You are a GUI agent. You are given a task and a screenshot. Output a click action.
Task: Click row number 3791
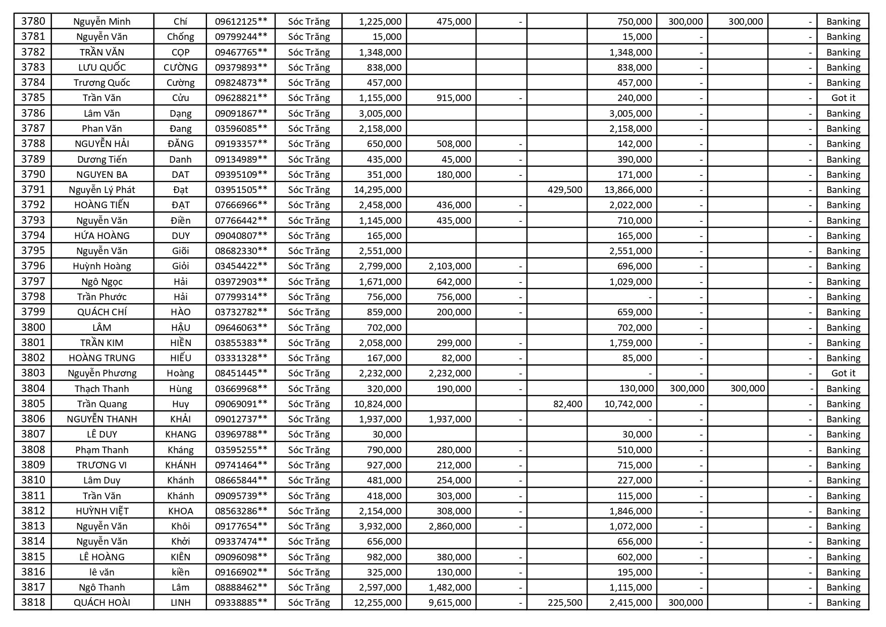tap(33, 189)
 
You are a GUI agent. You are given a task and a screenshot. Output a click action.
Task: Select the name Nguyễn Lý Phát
tap(102, 190)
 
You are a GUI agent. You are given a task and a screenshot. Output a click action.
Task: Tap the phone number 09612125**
tap(241, 21)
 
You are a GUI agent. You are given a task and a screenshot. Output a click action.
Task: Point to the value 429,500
tap(565, 190)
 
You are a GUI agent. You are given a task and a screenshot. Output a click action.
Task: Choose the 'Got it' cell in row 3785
tap(843, 98)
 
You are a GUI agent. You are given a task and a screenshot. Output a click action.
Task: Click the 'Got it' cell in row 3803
tap(843, 373)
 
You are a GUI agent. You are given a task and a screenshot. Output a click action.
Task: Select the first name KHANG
tap(180, 435)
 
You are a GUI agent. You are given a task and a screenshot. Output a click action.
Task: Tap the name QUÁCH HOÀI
tap(102, 603)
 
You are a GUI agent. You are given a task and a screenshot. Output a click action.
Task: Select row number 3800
tap(33, 327)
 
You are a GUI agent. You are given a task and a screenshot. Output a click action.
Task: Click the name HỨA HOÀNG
tap(102, 236)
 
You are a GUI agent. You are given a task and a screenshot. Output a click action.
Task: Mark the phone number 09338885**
tap(241, 603)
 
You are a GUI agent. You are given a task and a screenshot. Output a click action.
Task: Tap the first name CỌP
tap(180, 53)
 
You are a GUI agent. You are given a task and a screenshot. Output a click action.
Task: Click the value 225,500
tap(565, 603)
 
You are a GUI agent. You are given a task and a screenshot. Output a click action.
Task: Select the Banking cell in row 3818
tap(843, 603)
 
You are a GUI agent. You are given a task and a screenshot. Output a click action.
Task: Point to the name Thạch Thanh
tap(102, 389)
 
